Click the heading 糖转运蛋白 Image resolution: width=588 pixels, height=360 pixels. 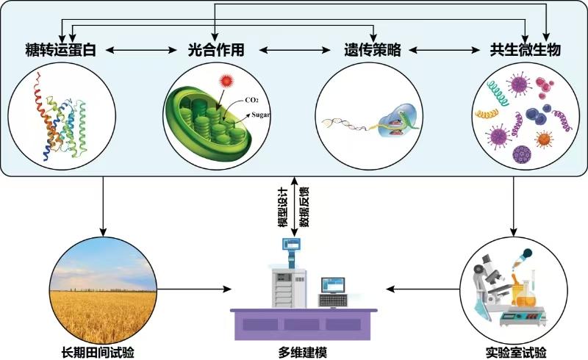pyautogui.click(x=60, y=51)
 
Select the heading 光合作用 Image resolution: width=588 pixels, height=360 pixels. pyautogui.click(x=215, y=51)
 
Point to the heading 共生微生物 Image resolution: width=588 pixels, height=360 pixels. pyautogui.click(x=526, y=51)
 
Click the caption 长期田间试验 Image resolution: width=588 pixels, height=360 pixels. pyautogui.click(x=103, y=350)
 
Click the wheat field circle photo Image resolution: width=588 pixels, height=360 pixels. pyautogui.click(x=103, y=287)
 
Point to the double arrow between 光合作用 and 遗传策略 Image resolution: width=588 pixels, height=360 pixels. pyautogui.click(x=292, y=51)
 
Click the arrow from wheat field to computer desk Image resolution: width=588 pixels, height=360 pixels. pyautogui.click(x=193, y=288)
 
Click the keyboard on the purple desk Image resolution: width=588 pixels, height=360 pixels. pyautogui.click(x=334, y=301)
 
